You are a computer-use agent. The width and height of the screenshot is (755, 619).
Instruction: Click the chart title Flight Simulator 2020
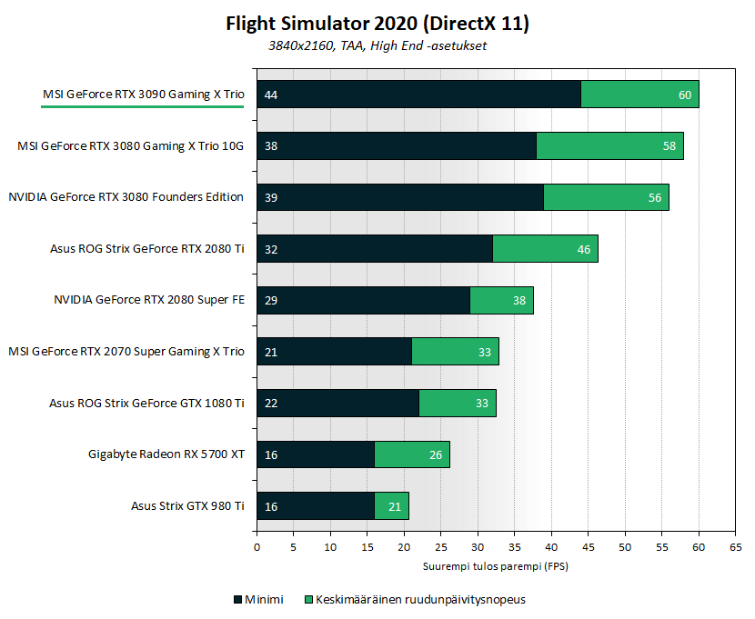coord(377,24)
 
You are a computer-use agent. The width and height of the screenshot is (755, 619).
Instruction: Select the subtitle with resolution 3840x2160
coord(377,45)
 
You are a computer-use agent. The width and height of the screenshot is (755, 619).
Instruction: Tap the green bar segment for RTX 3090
coord(639,94)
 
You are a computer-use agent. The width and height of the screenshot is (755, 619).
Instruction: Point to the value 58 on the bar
coord(669,145)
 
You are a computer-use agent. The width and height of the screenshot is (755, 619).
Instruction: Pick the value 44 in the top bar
coord(270,95)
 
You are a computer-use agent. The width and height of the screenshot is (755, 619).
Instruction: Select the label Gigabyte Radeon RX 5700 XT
coord(166,454)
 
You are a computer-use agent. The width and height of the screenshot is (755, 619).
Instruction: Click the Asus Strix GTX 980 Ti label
coord(187,505)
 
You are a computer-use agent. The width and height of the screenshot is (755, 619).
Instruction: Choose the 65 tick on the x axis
coord(735,547)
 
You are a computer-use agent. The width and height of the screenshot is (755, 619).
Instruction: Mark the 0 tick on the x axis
coord(257,547)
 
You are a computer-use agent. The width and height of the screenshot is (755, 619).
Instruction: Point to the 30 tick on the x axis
coord(478,547)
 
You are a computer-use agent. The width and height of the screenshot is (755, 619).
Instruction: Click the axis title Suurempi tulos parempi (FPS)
coord(496,565)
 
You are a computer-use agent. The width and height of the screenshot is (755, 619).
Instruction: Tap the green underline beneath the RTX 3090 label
coord(142,106)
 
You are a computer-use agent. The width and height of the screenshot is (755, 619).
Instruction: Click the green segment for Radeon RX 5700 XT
coord(411,454)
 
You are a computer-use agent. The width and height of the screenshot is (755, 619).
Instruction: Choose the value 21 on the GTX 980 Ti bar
coord(394,505)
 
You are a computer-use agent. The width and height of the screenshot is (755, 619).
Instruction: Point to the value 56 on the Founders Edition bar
coord(654,197)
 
